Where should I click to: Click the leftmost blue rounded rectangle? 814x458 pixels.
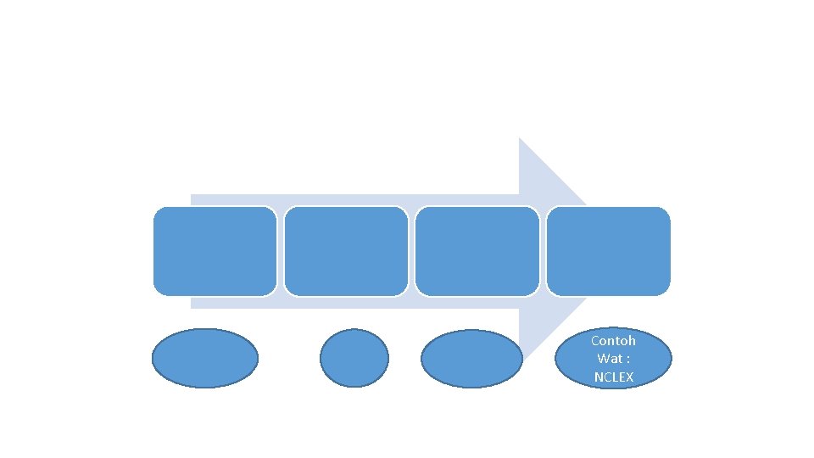point(215,251)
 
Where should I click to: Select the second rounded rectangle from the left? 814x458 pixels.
point(346,251)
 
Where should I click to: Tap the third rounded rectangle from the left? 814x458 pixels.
point(477,251)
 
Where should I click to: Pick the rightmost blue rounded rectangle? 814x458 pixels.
point(609,251)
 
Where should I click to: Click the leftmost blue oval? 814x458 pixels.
point(205,358)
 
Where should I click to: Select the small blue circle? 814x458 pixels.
point(354,358)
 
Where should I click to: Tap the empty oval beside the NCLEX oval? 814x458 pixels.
point(471,358)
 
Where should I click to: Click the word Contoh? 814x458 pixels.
point(613,341)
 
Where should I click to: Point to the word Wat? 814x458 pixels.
point(608,359)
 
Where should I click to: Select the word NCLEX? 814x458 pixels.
point(614,377)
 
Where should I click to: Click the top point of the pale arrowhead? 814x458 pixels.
point(520,138)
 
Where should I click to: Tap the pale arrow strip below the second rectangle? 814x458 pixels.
point(346,303)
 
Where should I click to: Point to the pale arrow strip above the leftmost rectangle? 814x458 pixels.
point(215,200)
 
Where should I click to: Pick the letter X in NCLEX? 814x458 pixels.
point(629,377)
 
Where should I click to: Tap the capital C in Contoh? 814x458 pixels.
point(595,341)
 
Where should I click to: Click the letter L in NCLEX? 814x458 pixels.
point(615,377)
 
